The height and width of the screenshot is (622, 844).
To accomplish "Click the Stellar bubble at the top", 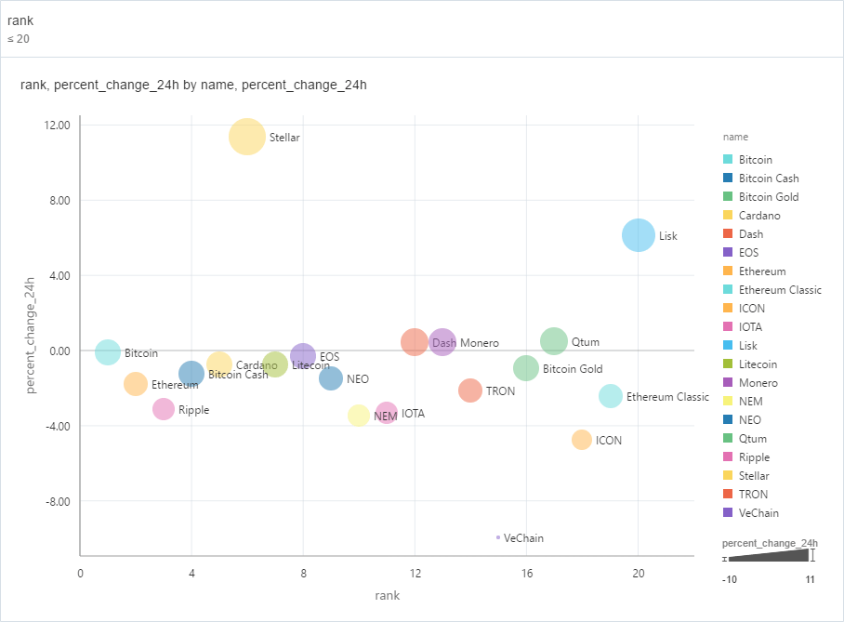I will pos(247,137).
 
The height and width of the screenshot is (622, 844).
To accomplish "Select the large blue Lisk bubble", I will pos(638,236).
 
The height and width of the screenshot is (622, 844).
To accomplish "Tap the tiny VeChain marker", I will pos(498,537).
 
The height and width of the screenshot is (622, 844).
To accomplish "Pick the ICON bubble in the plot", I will pos(582,440).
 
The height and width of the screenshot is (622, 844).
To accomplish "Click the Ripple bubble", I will pos(164,409).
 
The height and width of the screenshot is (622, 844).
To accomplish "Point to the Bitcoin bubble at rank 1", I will pos(108,352).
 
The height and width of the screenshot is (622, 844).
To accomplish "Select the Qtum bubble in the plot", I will pos(554,341).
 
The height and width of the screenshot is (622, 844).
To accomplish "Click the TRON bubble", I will pos(470,390).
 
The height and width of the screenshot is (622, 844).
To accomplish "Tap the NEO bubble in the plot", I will pos(331,378).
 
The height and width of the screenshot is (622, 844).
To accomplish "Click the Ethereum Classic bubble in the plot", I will pos(610,396).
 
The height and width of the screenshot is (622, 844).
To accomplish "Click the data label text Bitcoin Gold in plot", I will pos(572,369).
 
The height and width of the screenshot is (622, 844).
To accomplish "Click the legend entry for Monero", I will pos(758,383).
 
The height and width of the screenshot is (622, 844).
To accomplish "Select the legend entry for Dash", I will pos(750,234).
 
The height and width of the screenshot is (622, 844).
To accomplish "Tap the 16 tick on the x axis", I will pos(526,574).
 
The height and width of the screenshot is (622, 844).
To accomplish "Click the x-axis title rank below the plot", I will pos(387,595).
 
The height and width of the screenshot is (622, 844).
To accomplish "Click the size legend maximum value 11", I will pos(811,579).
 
